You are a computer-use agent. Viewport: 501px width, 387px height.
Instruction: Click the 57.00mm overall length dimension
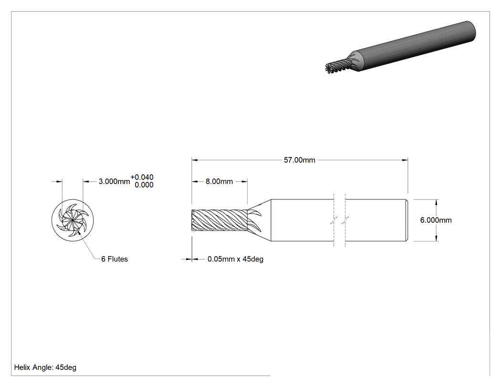pyautogui.click(x=299, y=160)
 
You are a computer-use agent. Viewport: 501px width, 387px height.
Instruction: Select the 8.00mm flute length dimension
pyautogui.click(x=219, y=181)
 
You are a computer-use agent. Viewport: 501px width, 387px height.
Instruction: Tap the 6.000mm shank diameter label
pyautogui.click(x=436, y=220)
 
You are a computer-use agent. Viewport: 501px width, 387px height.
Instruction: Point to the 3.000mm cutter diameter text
pyautogui.click(x=114, y=181)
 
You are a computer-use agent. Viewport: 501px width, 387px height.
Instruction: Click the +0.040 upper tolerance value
pyautogui.click(x=142, y=177)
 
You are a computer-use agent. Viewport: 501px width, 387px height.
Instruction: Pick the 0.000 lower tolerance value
pyautogui.click(x=144, y=185)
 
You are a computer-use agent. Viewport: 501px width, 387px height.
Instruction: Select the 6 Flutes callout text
pyautogui.click(x=115, y=259)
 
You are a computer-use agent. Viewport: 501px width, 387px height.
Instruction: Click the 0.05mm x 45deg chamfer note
pyautogui.click(x=236, y=259)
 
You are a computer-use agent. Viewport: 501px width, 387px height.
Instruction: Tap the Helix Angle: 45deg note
pyautogui.click(x=45, y=367)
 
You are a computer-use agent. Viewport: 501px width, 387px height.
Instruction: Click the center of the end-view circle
pyautogui.click(x=73, y=220)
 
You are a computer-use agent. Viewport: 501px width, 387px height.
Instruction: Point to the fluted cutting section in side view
pyautogui.click(x=219, y=220)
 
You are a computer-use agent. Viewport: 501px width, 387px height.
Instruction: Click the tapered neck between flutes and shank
pyautogui.click(x=260, y=220)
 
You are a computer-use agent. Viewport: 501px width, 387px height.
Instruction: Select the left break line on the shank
pyautogui.click(x=334, y=220)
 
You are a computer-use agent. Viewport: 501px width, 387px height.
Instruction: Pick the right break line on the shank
pyautogui.click(x=345, y=220)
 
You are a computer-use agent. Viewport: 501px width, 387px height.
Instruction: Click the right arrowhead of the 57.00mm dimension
pyautogui.click(x=405, y=160)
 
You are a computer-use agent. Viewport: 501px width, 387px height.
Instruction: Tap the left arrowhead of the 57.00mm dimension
pyautogui.click(x=195, y=160)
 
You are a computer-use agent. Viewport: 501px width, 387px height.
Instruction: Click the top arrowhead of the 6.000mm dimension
pyautogui.click(x=437, y=202)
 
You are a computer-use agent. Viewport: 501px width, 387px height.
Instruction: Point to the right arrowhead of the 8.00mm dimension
pyautogui.click(x=244, y=181)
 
